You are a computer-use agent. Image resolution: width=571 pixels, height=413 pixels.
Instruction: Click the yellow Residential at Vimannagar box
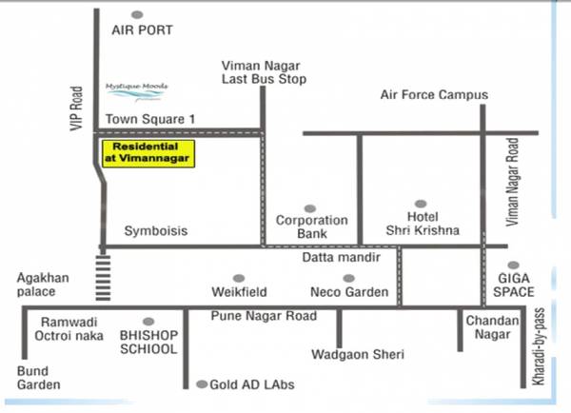click(148, 153)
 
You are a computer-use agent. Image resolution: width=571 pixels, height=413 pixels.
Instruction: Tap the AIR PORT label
click(142, 30)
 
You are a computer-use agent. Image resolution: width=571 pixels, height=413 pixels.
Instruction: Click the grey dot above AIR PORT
click(137, 14)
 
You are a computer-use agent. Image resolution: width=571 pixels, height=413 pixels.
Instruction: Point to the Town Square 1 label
click(150, 119)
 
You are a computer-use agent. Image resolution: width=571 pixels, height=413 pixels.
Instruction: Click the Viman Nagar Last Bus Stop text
click(263, 71)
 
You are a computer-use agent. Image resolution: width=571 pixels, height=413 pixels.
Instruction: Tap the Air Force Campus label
click(433, 95)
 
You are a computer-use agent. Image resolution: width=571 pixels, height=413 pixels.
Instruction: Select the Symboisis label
click(156, 231)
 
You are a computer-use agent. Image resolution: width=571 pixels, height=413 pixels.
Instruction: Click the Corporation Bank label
click(311, 226)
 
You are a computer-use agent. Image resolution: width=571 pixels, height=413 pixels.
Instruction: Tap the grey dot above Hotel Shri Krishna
click(421, 205)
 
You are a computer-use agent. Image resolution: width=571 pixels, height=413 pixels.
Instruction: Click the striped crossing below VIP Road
click(101, 277)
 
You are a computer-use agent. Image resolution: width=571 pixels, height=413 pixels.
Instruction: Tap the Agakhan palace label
click(43, 285)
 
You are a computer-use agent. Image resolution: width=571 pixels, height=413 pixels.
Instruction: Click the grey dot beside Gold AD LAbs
click(201, 384)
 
